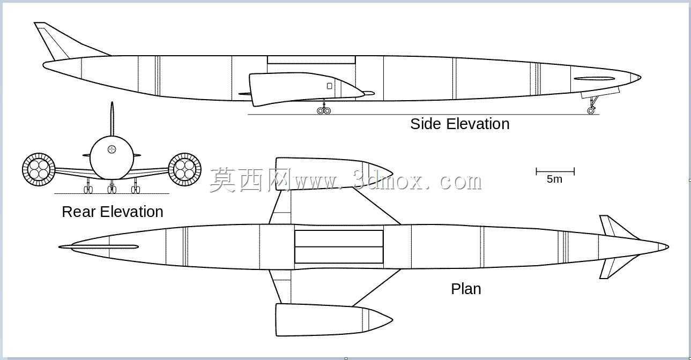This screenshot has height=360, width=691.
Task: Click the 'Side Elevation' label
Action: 459,124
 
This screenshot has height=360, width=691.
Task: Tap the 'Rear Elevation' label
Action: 112,212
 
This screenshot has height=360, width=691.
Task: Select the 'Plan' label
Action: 466,289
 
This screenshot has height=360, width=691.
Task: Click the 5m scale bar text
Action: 554,179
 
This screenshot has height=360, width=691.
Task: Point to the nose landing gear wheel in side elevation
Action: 591,110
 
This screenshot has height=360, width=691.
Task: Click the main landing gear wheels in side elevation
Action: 324,111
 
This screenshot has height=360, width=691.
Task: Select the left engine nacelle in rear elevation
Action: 39,169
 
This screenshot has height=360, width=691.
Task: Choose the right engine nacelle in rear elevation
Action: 185,169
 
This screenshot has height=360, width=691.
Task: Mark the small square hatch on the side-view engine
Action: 330,86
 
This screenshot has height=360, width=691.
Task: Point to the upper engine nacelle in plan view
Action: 333,173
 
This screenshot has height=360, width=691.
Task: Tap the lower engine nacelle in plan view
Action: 333,320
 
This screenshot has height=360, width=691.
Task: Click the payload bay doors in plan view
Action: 339,246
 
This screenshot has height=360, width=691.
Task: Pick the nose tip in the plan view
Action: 668,246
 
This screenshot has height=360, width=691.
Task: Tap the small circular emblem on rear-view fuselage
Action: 112,150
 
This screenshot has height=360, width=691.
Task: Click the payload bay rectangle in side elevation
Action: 311,60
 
